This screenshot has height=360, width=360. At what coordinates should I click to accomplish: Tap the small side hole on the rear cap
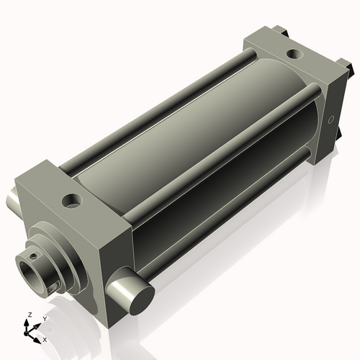331,119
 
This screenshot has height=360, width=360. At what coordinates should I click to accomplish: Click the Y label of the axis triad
44,318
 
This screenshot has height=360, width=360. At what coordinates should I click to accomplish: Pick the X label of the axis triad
45,338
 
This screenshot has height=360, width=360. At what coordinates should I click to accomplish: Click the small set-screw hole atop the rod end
32,253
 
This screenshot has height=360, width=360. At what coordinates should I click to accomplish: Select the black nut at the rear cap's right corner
351,72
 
